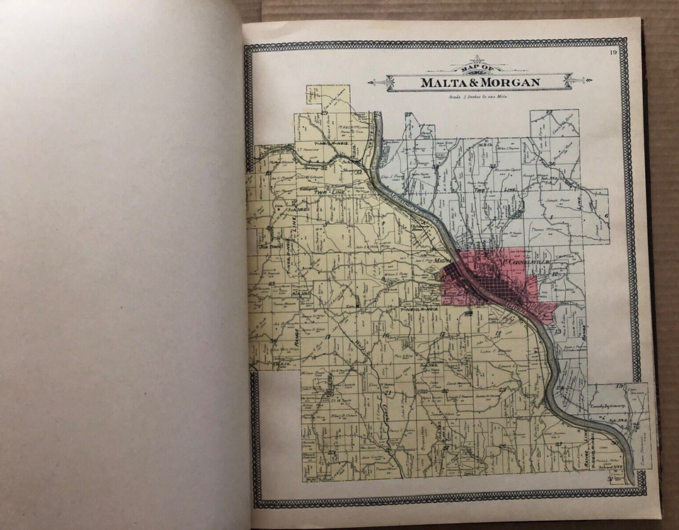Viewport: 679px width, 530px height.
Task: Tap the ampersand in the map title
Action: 472,83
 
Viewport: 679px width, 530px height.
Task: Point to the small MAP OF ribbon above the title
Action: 478,68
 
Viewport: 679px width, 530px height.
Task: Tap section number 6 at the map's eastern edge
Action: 606,216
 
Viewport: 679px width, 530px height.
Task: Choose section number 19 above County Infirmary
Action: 618,386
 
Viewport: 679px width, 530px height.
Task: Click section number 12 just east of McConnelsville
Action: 557,274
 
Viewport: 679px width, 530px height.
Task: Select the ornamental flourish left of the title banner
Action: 378,82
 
